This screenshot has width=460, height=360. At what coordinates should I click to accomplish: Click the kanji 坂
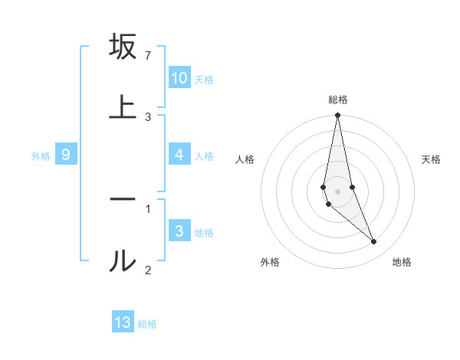[x=123, y=47]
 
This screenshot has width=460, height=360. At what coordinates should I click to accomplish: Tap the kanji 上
[x=123, y=107]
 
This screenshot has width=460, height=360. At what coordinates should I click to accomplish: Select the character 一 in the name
[x=123, y=198]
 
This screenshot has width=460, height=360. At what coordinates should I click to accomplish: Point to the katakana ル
[x=123, y=260]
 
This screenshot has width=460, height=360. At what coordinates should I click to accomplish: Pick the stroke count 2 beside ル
[x=148, y=269]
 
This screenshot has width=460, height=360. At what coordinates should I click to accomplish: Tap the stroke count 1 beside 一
[x=148, y=207]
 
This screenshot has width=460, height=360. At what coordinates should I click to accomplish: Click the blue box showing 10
[x=179, y=78]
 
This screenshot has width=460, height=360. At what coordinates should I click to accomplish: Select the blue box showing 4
[x=179, y=155]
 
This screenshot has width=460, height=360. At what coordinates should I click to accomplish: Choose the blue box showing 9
[x=66, y=155]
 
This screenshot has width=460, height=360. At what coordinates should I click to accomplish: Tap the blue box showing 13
[x=123, y=322]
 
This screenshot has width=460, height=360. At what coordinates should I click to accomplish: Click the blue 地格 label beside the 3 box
[x=205, y=233]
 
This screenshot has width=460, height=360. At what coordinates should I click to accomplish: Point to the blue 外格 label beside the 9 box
[x=41, y=156]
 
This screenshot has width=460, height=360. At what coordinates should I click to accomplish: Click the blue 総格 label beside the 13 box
[x=147, y=324]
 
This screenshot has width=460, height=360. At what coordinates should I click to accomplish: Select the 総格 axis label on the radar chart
[x=338, y=100]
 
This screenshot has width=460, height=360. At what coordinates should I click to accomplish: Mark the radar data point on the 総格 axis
[x=337, y=116]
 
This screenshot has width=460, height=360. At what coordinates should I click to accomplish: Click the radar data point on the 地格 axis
[x=374, y=242]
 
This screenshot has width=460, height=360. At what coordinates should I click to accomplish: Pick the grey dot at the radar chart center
[x=337, y=191]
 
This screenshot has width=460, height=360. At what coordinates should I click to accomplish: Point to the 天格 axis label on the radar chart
[x=431, y=159]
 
